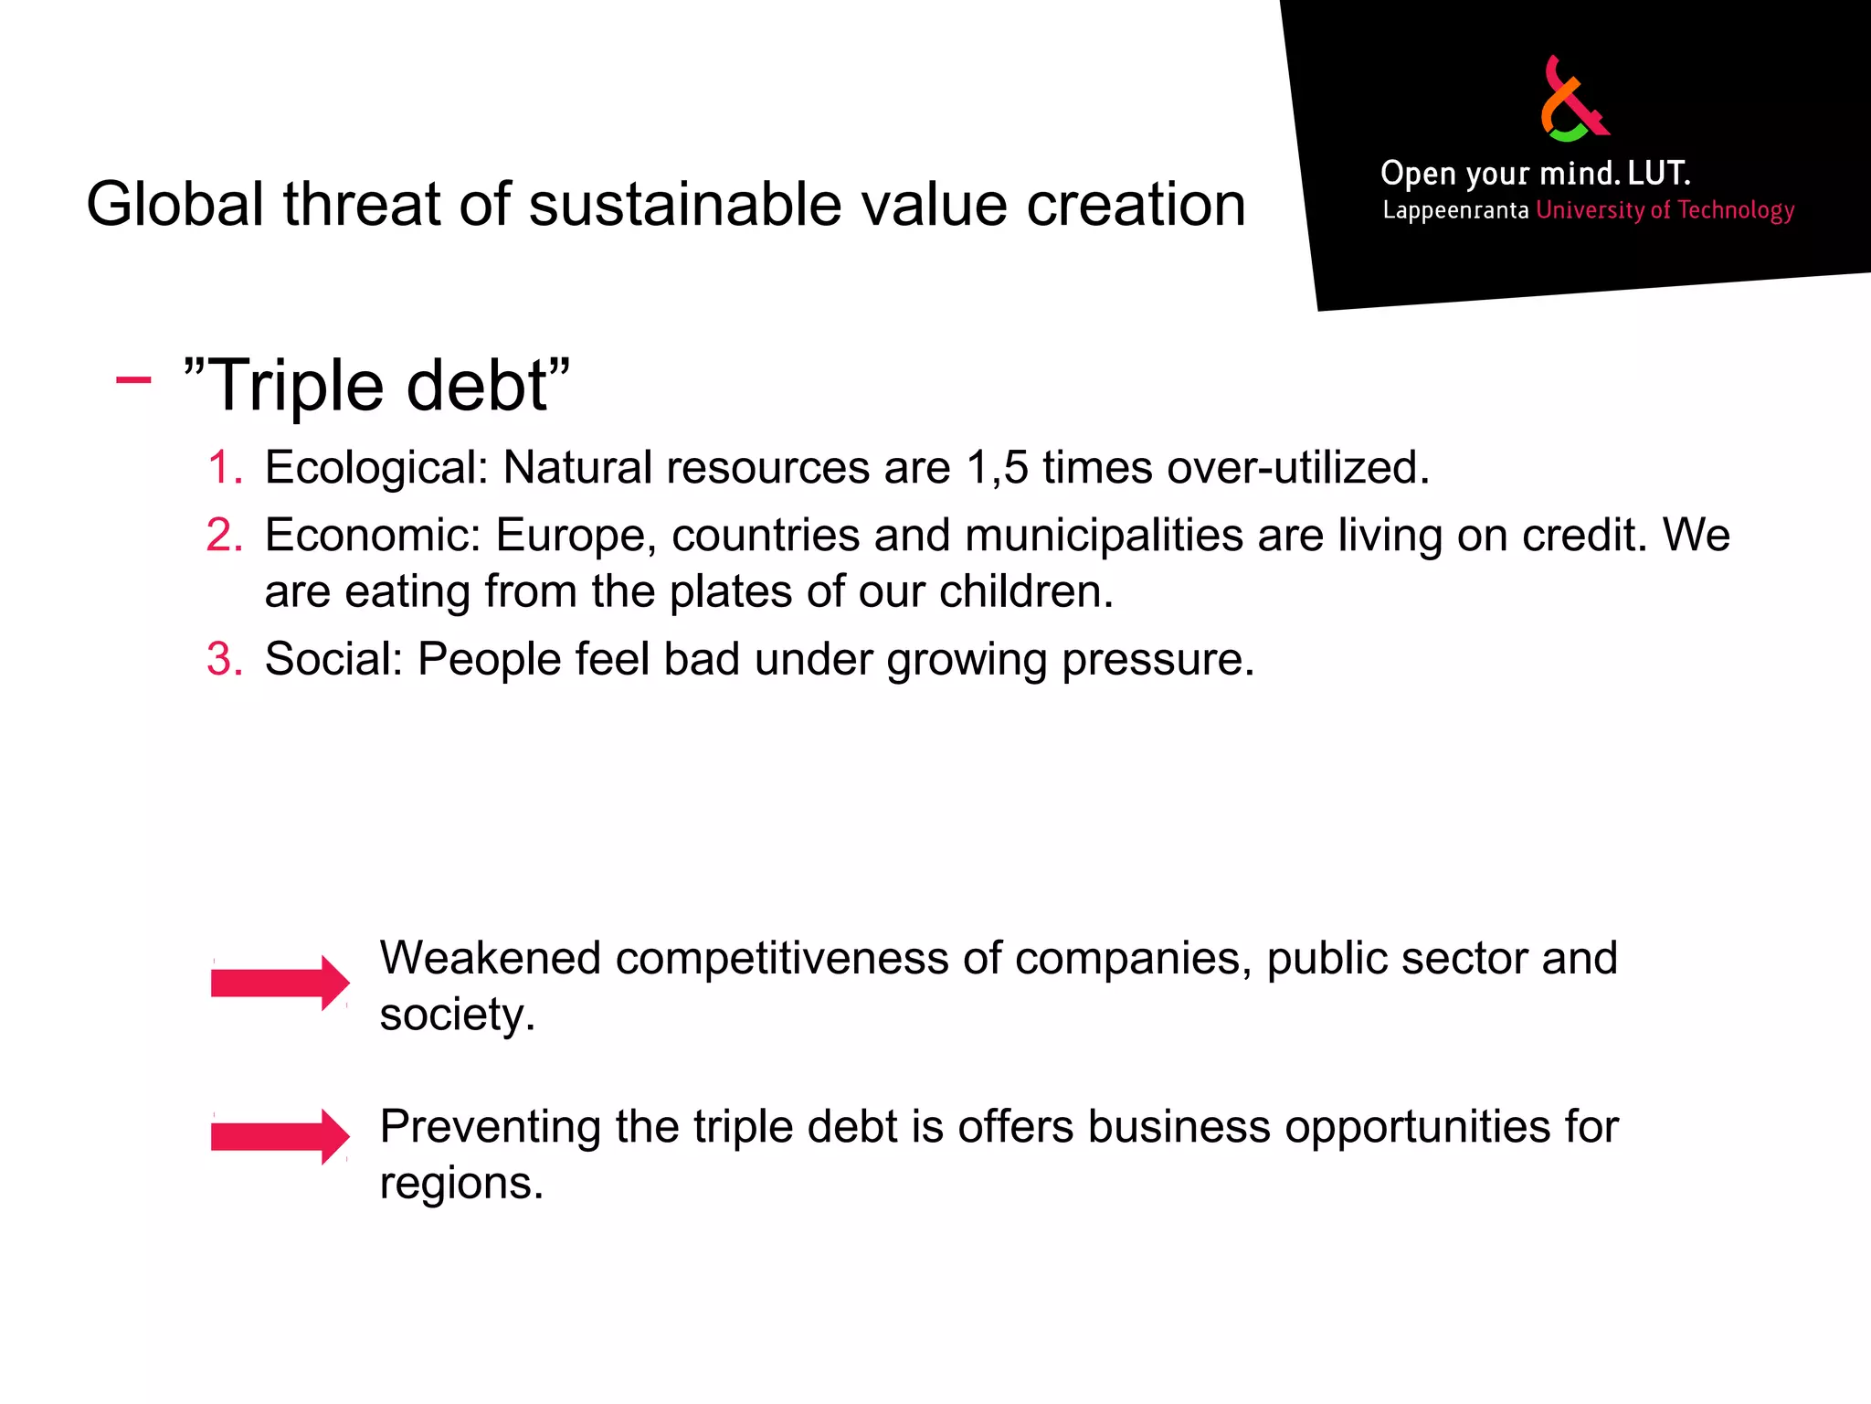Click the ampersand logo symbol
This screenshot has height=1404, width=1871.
click(x=1574, y=101)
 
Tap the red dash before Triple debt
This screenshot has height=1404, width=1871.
click(x=133, y=379)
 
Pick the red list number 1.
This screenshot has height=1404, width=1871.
click(x=224, y=468)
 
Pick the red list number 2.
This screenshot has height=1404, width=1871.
click(x=224, y=536)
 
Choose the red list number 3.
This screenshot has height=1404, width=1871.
click(x=224, y=659)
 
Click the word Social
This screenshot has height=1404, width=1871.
click(x=333, y=659)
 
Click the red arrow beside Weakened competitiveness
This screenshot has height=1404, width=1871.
click(x=280, y=983)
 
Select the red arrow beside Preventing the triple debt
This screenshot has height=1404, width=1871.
click(x=280, y=1136)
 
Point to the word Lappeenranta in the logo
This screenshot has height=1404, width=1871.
click(x=1455, y=211)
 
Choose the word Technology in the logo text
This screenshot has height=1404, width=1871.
click(x=1736, y=211)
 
